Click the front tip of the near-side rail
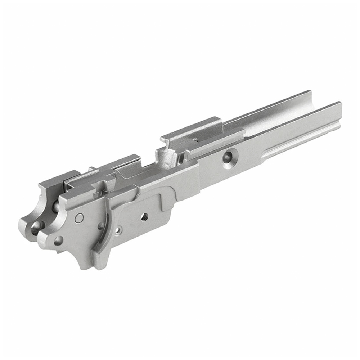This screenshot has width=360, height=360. pos(338,105)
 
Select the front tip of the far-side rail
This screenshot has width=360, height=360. pos(308,93)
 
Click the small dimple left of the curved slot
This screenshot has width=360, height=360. pos(101,226)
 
